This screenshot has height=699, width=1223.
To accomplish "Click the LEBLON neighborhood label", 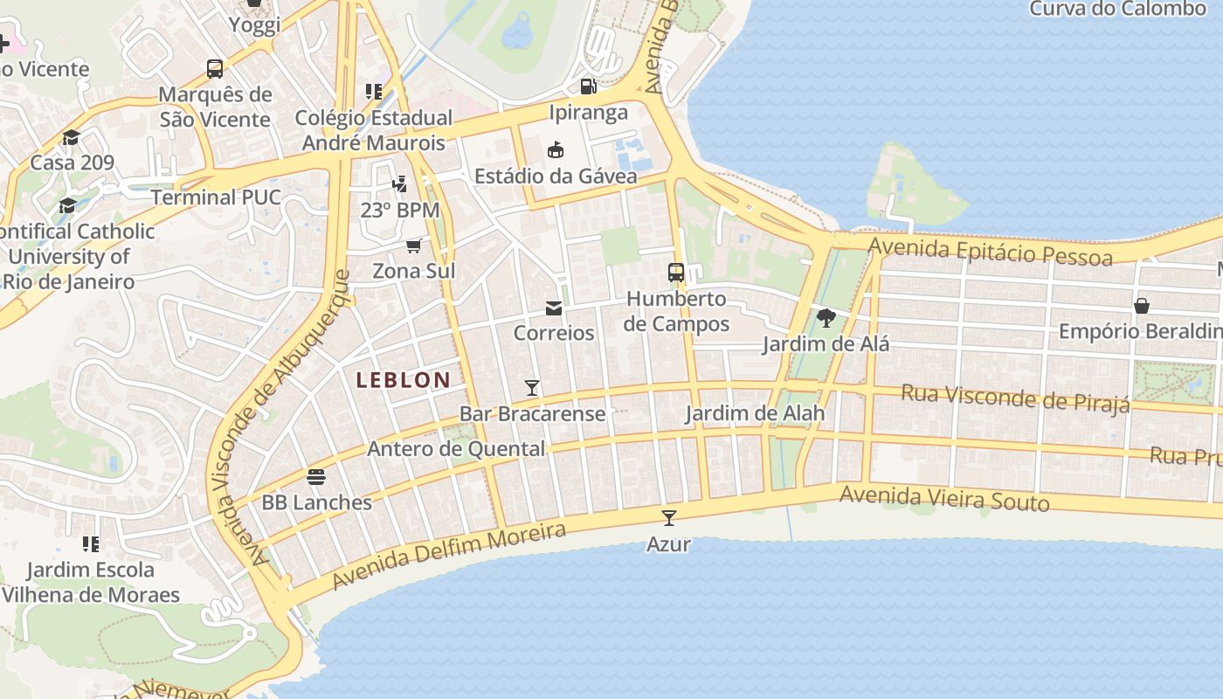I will point(404,380).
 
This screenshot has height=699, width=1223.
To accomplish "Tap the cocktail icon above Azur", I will point(669,518).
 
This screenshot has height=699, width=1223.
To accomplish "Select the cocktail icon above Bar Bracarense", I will point(532,388).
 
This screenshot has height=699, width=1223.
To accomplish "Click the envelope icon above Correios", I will point(554,308).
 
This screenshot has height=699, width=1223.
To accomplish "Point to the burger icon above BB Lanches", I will point(316,477).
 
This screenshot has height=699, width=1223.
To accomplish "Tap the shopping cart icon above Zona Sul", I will point(414,246).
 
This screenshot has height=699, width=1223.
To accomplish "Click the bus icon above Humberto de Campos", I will point(676,273).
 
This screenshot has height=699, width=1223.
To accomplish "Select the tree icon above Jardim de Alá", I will point(826,318).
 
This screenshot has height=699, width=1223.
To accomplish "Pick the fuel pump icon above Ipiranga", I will point(589,87).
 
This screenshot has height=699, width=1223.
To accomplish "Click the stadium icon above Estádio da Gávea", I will point(555,150).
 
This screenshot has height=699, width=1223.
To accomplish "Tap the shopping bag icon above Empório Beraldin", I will point(1141,306).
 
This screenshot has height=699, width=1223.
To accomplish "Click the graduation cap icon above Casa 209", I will point(71,137).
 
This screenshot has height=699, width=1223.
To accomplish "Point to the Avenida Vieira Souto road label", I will point(944,499).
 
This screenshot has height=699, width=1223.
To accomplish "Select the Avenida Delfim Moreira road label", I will point(449,556).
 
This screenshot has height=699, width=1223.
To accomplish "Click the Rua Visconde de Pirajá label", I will point(1015,398).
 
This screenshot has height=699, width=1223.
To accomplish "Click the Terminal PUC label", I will point(216,197).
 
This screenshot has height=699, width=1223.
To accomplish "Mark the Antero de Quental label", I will point(456,449).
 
